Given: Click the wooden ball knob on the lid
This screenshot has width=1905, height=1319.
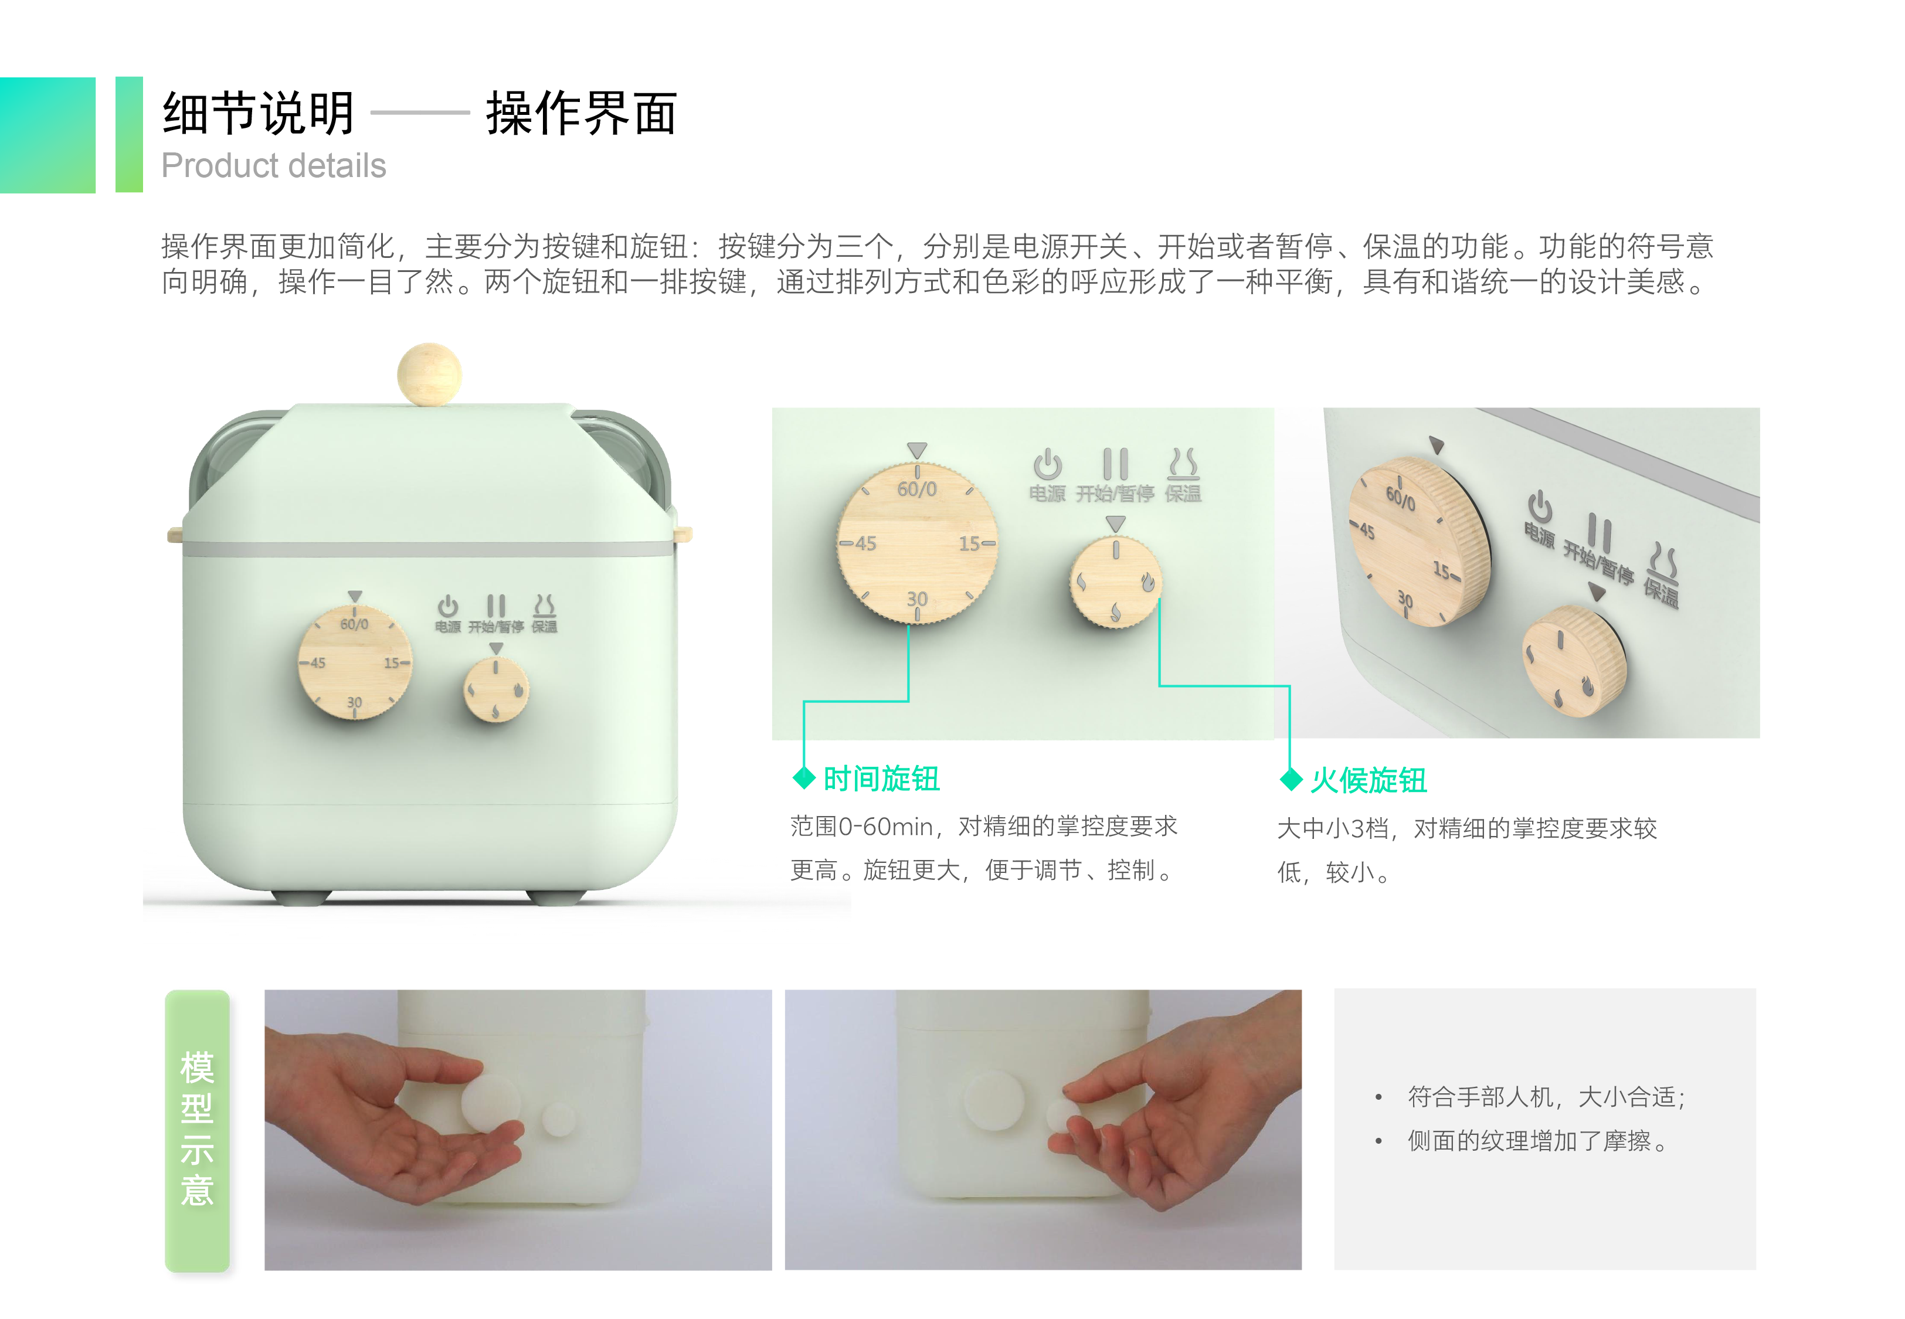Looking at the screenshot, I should coord(429,373).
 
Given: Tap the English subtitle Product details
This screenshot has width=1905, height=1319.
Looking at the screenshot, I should coord(274,165).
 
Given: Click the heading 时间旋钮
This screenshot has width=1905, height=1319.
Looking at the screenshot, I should coord(881,779).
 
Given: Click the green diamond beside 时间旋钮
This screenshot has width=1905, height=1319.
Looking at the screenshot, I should coord(803,778).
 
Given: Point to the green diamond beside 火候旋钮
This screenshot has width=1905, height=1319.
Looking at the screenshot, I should coord(1291,779).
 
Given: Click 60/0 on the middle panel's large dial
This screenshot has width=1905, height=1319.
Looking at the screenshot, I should coord(916,489).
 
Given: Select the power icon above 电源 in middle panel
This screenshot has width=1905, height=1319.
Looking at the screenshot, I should coord(1047,464).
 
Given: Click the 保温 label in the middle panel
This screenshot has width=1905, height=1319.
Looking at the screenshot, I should coord(1183,494).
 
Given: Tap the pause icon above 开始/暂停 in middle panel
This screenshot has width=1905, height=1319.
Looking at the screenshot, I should coord(1115,464).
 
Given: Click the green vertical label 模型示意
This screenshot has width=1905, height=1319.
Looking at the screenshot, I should coord(196,1129).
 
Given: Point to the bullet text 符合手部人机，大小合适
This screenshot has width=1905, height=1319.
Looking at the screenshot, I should coord(1546,1097).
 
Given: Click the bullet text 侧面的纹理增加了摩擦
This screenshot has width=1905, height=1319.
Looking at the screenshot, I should coord(1537,1141).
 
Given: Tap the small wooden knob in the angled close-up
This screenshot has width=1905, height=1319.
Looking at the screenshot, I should coord(1574,661).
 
